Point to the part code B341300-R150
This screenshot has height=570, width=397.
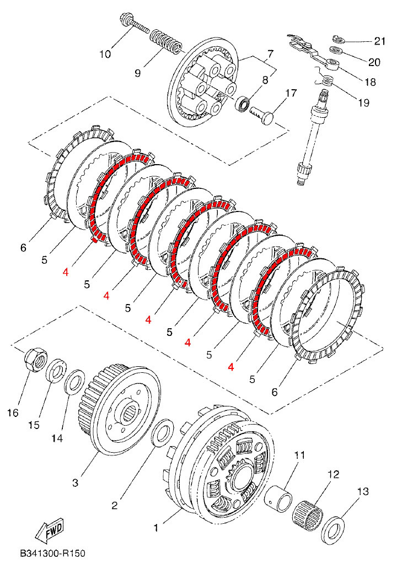point(53,553)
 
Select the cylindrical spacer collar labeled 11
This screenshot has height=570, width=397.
point(278,497)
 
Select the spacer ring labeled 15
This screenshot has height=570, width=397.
point(56,371)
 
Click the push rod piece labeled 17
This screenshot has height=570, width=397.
point(263,115)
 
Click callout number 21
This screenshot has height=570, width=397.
point(379,41)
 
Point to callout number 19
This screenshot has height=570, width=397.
point(363,103)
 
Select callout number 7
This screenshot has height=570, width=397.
point(270,55)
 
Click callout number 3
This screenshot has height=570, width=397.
point(75,483)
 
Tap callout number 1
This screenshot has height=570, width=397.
point(155,528)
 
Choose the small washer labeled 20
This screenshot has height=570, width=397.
point(336,50)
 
